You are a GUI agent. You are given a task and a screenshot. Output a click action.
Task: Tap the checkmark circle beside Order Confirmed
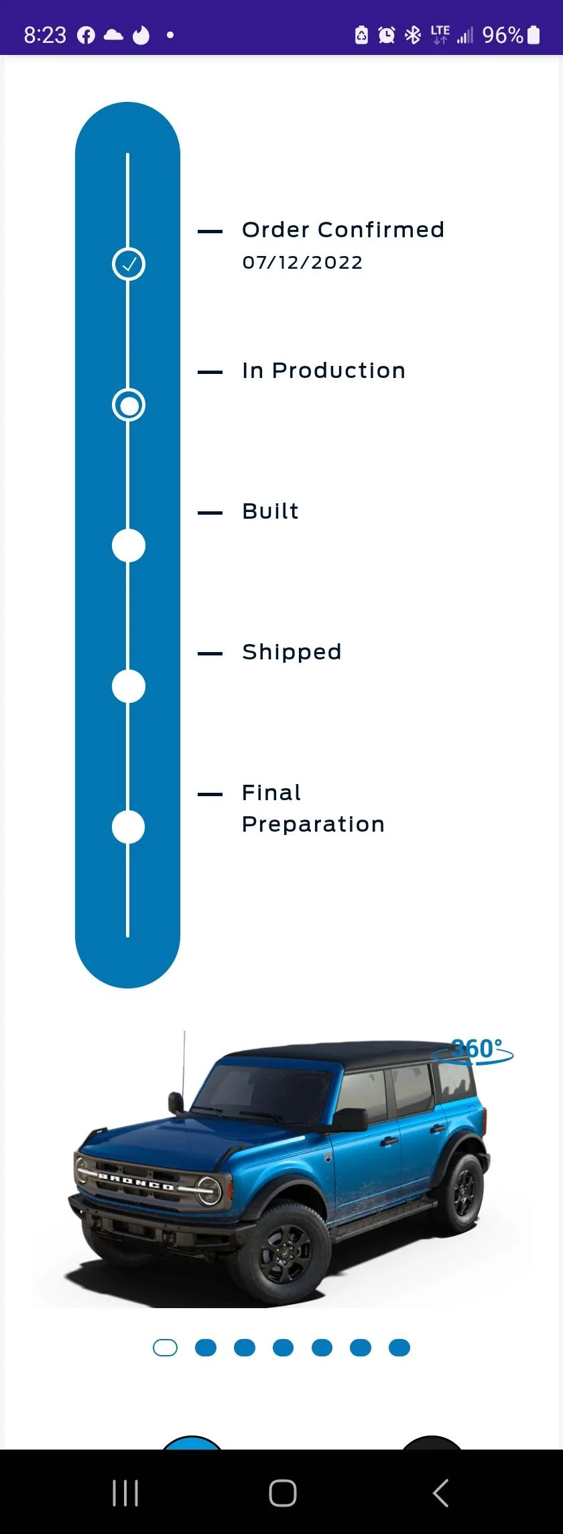tap(129, 264)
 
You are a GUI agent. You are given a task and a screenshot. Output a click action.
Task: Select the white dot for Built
tap(129, 546)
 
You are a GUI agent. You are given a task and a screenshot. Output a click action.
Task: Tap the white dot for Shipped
tap(129, 686)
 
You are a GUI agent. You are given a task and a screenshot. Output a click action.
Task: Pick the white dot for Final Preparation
tap(129, 827)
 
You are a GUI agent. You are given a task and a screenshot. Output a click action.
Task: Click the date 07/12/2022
tap(302, 263)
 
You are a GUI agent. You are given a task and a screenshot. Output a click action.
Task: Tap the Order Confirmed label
tap(343, 230)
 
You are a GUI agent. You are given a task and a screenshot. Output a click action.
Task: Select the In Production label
tap(324, 371)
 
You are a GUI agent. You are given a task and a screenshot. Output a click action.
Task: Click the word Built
tap(270, 511)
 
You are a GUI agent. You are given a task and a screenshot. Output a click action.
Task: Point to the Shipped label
tap(292, 653)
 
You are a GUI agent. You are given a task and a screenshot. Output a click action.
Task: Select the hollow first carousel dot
tap(166, 1348)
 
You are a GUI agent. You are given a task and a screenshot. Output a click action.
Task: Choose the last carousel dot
tap(399, 1348)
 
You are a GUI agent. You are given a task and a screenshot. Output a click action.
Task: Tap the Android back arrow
tap(440, 1493)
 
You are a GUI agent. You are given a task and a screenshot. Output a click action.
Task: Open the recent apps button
tap(125, 1493)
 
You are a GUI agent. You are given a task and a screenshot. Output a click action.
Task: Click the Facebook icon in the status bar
tap(86, 35)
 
